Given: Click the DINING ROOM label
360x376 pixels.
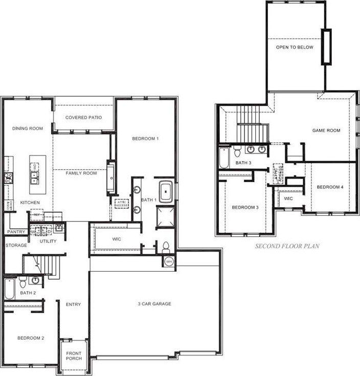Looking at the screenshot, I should click(28, 128).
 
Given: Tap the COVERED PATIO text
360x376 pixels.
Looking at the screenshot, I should click(83, 118).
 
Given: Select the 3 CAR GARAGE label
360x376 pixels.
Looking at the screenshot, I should click(154, 304).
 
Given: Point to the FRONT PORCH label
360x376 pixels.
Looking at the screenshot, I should click(73, 356).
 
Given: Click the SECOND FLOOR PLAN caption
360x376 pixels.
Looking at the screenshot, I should click(287, 246).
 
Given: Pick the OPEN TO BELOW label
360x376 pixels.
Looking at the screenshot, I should click(295, 47).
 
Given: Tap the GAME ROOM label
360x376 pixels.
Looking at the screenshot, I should click(326, 130).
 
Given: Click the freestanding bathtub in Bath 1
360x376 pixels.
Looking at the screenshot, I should click(165, 191).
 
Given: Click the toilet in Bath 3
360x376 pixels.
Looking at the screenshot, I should click(237, 152).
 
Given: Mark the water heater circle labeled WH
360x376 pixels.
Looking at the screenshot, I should click(169, 262).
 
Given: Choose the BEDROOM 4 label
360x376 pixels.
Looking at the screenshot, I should click(330, 187).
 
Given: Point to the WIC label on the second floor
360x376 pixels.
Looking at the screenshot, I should click(288, 198).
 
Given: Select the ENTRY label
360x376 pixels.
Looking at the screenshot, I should click(73, 304).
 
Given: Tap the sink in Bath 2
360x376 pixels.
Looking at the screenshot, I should click(35, 280).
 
